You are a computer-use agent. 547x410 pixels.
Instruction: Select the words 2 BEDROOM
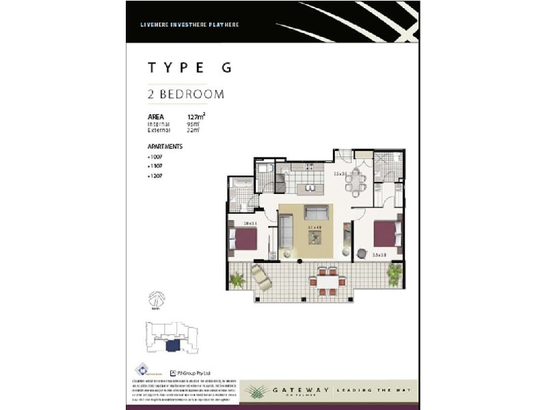(x=186, y=94)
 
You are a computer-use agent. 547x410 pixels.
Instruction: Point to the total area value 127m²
(x=196, y=117)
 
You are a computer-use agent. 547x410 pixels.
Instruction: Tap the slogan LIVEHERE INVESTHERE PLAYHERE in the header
(x=189, y=25)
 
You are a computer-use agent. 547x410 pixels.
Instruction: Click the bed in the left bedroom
(x=243, y=238)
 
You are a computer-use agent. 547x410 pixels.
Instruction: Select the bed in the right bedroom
(x=387, y=234)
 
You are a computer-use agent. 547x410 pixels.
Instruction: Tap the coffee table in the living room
(x=315, y=236)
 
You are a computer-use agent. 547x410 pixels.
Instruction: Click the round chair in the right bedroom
(x=362, y=254)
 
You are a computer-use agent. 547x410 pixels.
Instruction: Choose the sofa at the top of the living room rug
(x=316, y=212)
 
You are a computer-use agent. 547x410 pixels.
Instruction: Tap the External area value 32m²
(x=193, y=130)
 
